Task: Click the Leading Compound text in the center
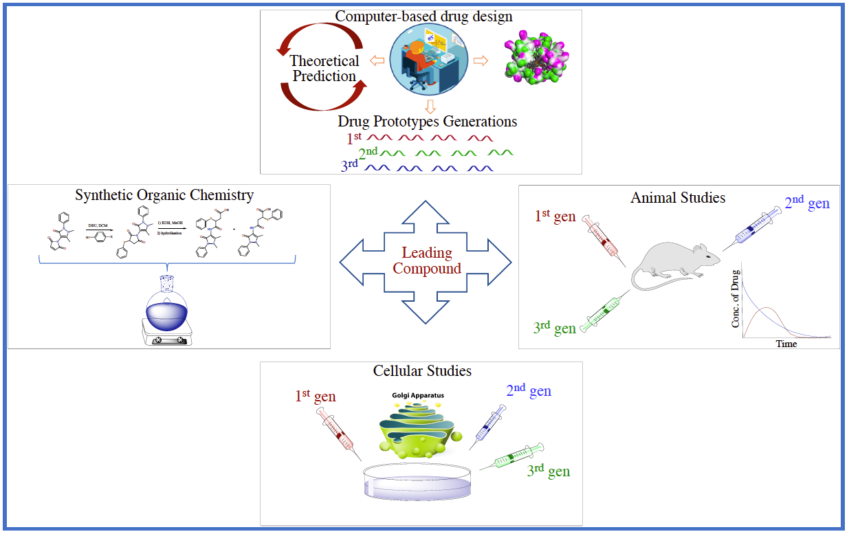coord(426,261)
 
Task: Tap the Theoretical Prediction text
coord(324,69)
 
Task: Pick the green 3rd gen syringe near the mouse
coord(604,312)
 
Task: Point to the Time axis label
coord(786,343)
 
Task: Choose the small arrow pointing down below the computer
coord(430,107)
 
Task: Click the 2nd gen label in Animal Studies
coord(806,204)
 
